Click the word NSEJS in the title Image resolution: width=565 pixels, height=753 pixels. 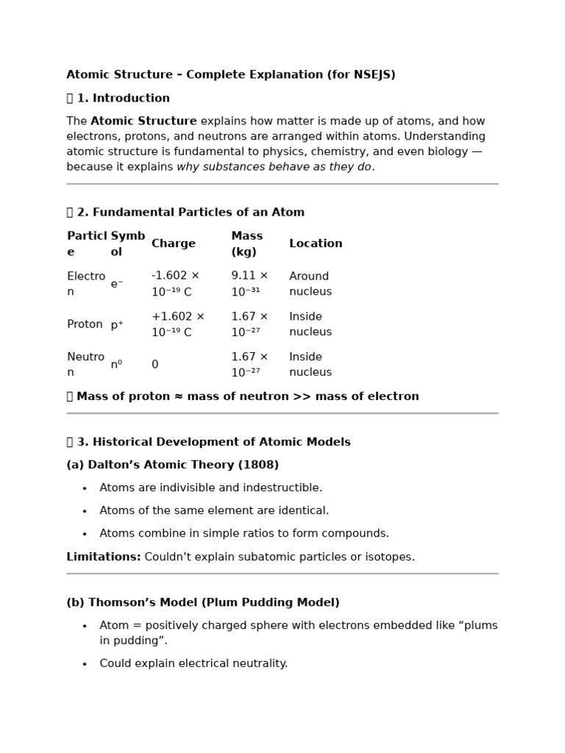(374, 75)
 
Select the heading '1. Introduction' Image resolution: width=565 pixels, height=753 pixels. (123, 99)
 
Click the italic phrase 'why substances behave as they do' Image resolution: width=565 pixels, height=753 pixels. (274, 167)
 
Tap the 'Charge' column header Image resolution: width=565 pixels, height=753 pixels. (174, 244)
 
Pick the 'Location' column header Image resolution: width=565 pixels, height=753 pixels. (316, 244)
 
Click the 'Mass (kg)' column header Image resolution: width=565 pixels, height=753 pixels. (246, 244)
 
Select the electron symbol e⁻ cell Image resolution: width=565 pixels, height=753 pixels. (117, 284)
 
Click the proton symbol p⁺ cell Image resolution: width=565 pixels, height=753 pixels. (117, 324)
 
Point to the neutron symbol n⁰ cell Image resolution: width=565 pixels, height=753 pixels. (116, 365)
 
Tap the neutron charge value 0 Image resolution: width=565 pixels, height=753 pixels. (155, 365)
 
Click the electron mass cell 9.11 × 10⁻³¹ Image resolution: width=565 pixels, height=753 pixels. (249, 284)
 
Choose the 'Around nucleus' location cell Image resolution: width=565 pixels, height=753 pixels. (310, 284)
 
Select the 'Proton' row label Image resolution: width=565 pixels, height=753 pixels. (85, 324)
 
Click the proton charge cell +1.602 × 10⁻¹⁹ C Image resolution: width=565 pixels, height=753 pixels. (177, 324)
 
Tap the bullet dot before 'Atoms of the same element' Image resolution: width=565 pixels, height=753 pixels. (85, 511)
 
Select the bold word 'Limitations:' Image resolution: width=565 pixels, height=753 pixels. (104, 557)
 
